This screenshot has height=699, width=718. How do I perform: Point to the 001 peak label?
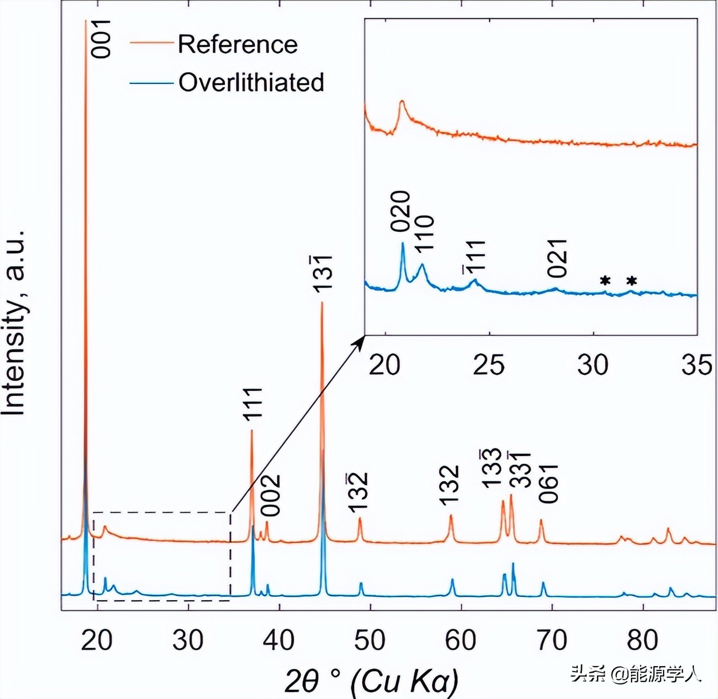click(x=100, y=39)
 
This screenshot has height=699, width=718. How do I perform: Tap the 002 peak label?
click(x=271, y=495)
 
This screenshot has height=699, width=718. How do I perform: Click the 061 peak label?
click(x=549, y=483)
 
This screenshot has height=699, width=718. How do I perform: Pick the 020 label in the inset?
click(x=400, y=211)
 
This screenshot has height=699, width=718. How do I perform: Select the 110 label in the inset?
click(x=424, y=232)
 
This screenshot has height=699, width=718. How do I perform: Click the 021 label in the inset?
click(x=558, y=258)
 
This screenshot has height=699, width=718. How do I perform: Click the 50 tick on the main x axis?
click(x=370, y=640)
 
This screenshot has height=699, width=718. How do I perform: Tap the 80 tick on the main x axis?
click(x=643, y=640)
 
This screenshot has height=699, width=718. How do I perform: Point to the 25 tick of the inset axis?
click(x=489, y=365)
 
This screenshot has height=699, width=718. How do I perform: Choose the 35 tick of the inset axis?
click(x=697, y=365)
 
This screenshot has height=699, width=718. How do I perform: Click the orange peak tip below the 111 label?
click(x=252, y=431)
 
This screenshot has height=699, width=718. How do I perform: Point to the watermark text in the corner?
click(x=636, y=673)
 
